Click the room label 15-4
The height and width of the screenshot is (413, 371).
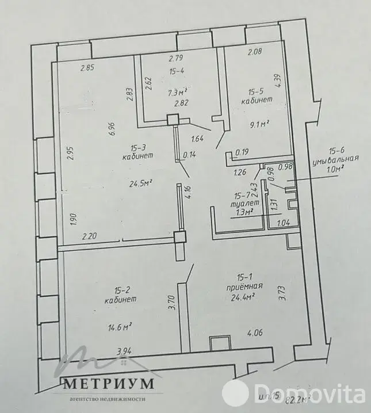[176, 72]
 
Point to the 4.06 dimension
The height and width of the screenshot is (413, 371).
[255, 332]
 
